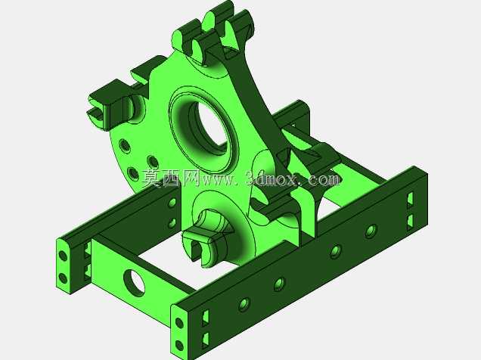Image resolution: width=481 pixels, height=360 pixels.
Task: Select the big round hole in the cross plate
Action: point(135,283)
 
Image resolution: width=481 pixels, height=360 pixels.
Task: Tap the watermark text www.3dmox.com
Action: point(270,178)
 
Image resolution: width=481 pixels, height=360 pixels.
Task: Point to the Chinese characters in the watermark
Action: point(171,178)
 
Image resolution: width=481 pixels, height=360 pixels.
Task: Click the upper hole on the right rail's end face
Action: point(178,323)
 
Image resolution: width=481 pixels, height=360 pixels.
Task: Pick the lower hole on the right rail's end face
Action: point(179,346)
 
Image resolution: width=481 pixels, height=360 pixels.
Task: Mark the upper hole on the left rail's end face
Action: point(63,256)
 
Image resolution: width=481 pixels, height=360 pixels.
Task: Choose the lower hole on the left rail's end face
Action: point(63,278)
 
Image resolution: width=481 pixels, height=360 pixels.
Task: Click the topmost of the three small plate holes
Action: point(124,146)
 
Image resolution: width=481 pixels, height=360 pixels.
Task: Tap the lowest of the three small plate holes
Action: point(133,173)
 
